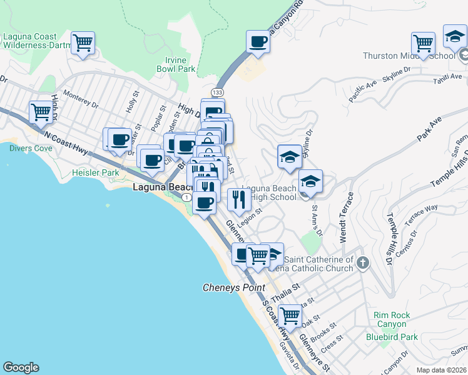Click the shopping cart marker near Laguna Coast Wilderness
click(83, 43)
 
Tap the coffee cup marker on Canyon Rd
click(258, 42)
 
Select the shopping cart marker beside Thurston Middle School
click(424, 44)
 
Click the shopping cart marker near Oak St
click(290, 316)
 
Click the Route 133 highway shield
click(217, 92)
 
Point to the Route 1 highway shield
click(186, 197)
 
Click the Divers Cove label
click(31, 148)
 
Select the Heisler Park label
click(95, 172)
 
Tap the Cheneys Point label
click(233, 287)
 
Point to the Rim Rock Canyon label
click(392, 319)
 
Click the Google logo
click(21, 367)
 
